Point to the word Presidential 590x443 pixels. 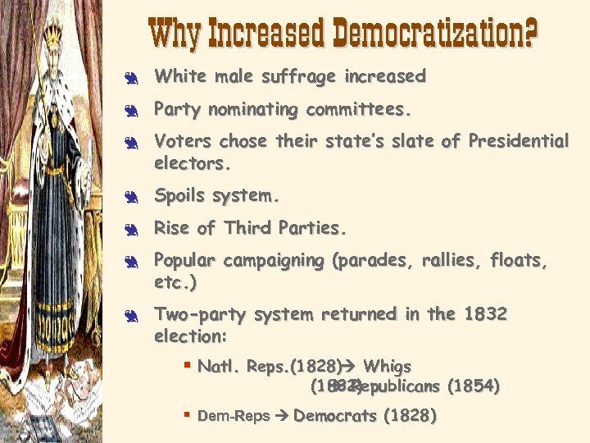tap(518, 141)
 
